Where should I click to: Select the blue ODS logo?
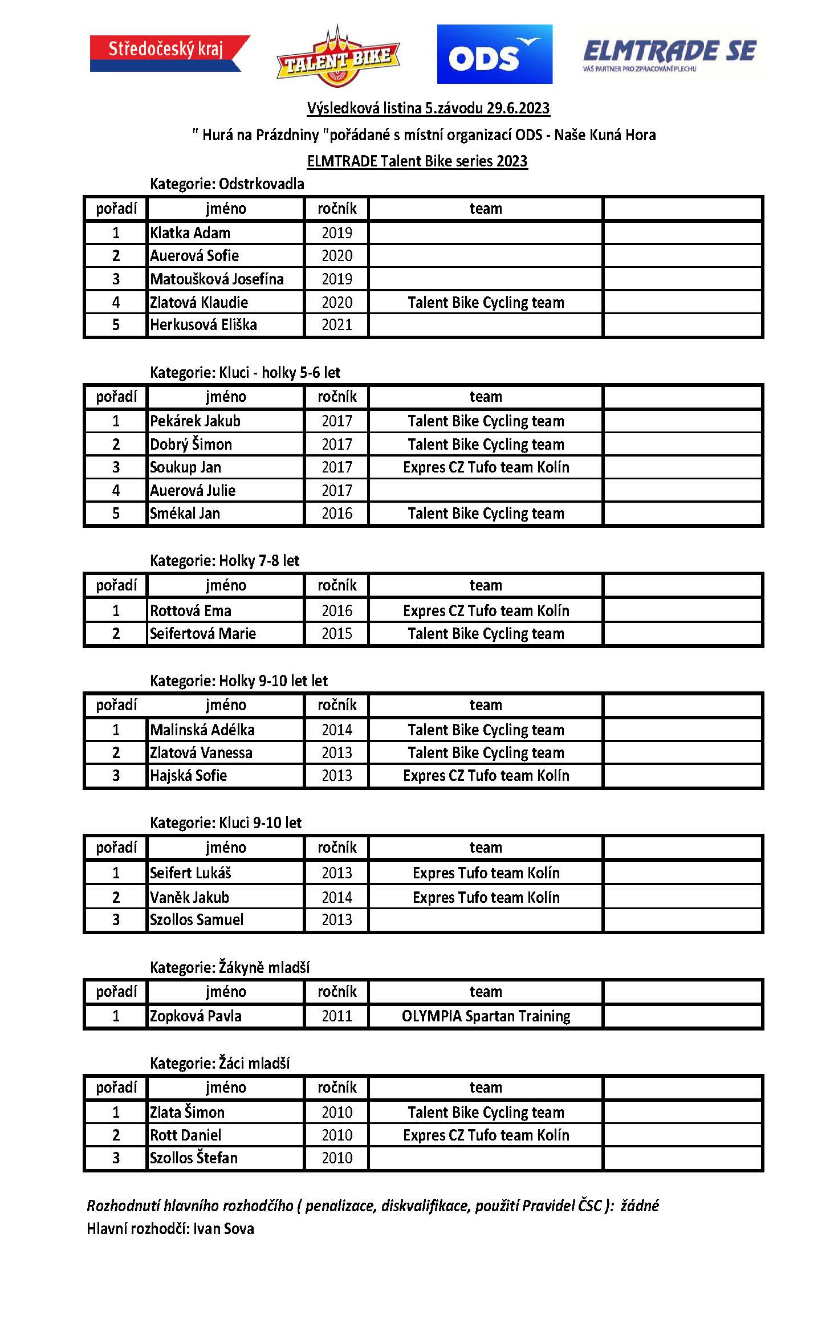click(494, 54)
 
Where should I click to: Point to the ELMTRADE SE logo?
click(670, 55)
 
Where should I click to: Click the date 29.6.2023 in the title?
click(518, 108)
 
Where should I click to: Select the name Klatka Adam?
click(190, 233)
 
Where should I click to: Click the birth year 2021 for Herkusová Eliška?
click(336, 325)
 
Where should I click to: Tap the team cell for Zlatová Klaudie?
click(486, 303)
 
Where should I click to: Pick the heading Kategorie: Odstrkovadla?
click(227, 184)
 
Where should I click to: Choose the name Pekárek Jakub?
click(195, 421)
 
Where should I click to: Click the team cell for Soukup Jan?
click(486, 467)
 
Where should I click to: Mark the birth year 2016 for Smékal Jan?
click(336, 514)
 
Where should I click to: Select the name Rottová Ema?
click(190, 611)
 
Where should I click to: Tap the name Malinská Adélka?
click(202, 730)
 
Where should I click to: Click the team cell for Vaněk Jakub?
click(486, 898)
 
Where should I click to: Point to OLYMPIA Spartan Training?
click(486, 1016)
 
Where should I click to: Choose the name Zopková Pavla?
click(196, 1016)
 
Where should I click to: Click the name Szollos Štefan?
click(193, 1158)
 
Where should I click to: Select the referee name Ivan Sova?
click(223, 1229)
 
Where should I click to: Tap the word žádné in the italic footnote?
click(639, 1205)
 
